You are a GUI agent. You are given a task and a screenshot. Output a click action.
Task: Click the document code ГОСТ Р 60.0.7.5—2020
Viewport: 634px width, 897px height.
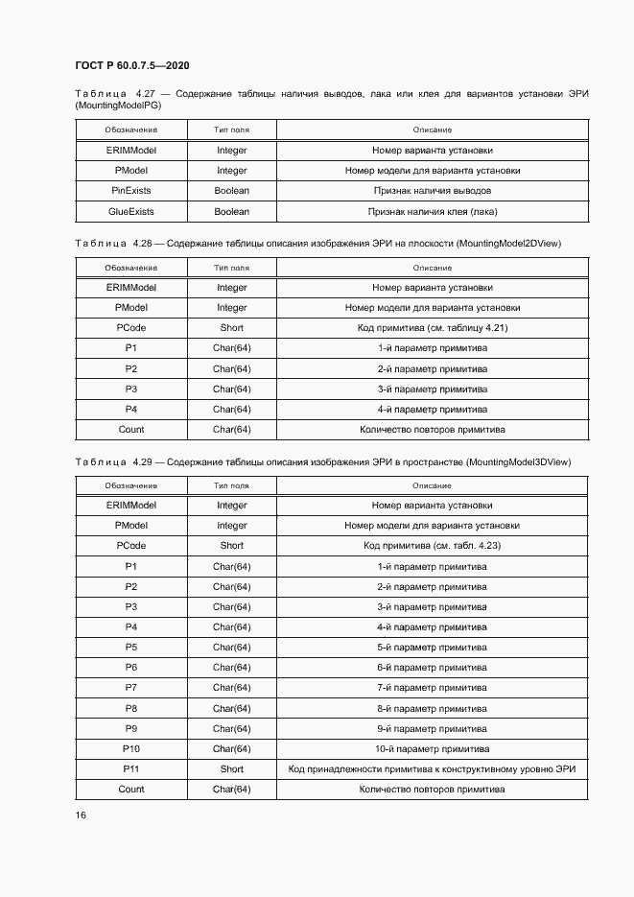point(131,65)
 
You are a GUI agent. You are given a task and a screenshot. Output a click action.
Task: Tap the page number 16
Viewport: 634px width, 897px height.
point(81,814)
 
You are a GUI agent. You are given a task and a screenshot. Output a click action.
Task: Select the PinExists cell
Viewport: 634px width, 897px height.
point(131,191)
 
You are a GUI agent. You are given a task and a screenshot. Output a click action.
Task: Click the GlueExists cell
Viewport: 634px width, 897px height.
point(131,211)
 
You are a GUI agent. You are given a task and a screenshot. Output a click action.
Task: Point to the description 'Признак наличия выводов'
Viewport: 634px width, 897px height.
point(433,191)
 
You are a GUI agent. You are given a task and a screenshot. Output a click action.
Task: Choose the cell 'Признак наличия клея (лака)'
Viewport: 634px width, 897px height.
point(433,211)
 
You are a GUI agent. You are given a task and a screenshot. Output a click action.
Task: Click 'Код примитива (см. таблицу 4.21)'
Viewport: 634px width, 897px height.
point(433,328)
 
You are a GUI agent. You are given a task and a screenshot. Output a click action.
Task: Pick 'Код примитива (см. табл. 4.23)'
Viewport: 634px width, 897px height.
point(433,546)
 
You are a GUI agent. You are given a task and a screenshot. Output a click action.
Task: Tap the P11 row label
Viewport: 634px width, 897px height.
point(131,769)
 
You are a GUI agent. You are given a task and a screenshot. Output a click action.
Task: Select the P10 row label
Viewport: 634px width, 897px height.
point(131,749)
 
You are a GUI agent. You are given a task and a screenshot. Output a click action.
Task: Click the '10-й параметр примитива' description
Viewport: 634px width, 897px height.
point(433,749)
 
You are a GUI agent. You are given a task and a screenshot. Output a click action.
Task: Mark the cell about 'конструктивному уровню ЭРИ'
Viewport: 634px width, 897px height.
point(433,769)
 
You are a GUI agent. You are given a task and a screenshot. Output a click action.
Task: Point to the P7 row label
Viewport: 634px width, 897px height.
point(131,688)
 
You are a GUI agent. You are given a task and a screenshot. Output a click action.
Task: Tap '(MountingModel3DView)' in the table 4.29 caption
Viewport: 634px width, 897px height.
point(518,462)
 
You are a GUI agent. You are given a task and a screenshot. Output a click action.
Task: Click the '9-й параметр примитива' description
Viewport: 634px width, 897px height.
point(433,729)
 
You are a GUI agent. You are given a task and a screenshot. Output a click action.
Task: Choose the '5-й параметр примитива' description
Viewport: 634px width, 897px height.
point(433,648)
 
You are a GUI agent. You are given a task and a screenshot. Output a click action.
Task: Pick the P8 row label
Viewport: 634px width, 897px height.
point(131,709)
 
